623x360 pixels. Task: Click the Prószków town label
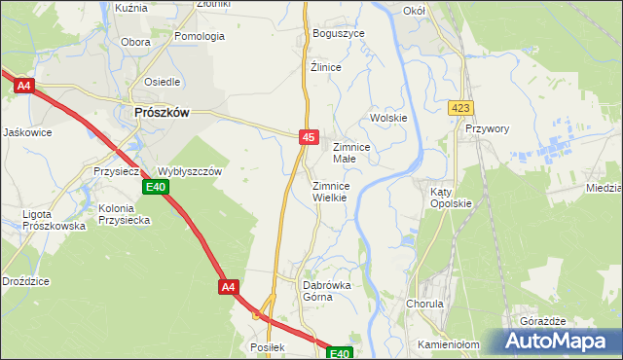[x=161, y=112]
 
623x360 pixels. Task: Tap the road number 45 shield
[x=308, y=139]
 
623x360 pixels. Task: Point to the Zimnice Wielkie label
[x=338, y=191]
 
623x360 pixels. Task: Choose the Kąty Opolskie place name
[x=451, y=198]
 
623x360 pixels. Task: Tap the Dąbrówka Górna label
[x=327, y=291]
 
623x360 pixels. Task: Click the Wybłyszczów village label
[x=191, y=170]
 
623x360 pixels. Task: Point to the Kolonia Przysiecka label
[x=124, y=214]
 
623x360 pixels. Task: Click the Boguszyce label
[x=338, y=33]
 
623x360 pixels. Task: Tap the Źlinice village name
[x=325, y=67]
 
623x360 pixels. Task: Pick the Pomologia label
[x=200, y=36]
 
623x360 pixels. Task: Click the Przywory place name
[x=488, y=127]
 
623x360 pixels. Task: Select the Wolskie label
[x=387, y=118]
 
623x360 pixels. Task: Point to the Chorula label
[x=423, y=304]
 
